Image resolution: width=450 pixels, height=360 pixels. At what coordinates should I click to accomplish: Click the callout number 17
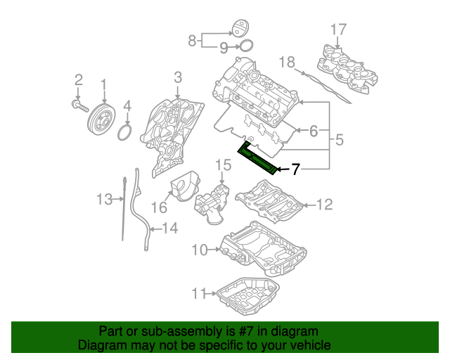[x=338, y=30]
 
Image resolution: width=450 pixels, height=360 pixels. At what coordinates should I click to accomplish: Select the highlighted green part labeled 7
[x=258, y=158]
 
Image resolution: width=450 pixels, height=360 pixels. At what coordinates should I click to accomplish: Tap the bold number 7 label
[x=296, y=169]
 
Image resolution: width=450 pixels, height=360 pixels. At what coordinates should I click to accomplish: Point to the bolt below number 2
[x=79, y=105]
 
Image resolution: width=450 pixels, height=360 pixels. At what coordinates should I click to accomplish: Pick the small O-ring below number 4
[x=125, y=132]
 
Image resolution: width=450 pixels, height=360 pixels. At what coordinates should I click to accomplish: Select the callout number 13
[x=104, y=200]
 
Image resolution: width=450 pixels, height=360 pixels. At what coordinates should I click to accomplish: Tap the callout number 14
[x=170, y=228]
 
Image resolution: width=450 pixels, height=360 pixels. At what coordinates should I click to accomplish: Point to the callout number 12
[x=323, y=205]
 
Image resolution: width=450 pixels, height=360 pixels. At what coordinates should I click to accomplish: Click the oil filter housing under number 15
[x=214, y=203]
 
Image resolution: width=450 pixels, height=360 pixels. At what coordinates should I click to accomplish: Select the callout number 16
[x=158, y=207]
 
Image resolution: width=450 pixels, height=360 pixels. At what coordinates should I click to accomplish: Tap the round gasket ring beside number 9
[x=245, y=46]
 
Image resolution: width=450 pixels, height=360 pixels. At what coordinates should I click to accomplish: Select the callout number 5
[x=339, y=140]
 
